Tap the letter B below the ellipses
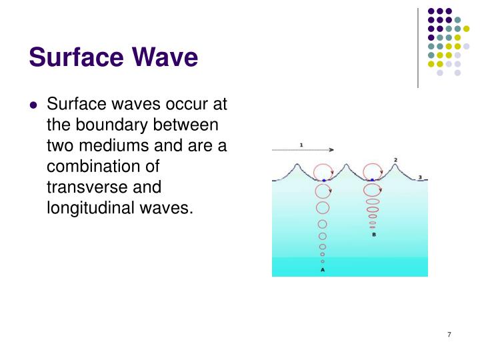[373, 235]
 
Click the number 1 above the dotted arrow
[301, 144]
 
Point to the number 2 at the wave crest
[395, 160]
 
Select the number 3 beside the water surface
[420, 177]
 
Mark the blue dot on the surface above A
[323, 180]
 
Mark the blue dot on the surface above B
[372, 180]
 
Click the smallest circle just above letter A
[323, 261]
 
